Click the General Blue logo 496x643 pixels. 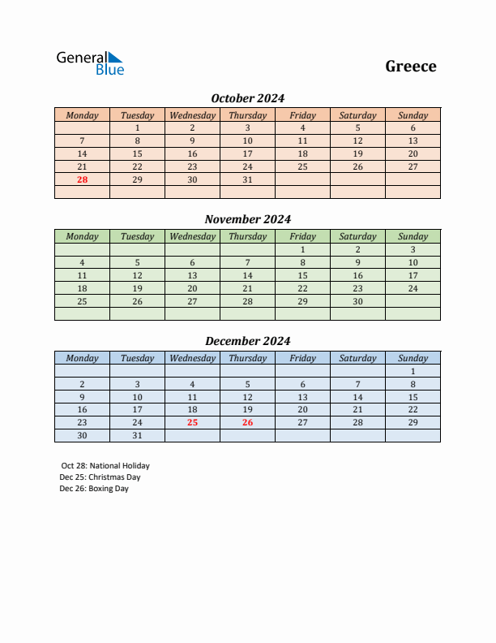[x=90, y=63]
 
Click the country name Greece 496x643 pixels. [x=411, y=67]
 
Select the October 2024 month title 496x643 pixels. [x=247, y=98]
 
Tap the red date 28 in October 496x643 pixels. [x=82, y=179]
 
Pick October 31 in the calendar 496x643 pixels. [x=247, y=179]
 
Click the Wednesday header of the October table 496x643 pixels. [x=192, y=115]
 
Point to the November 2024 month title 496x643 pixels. [x=247, y=219]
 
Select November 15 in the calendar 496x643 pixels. [x=302, y=275]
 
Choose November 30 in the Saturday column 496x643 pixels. [x=357, y=301]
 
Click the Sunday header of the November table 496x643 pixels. [x=413, y=237]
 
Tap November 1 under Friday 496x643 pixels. [x=302, y=249]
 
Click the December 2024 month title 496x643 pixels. [x=247, y=341]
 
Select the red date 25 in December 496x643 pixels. [x=192, y=422]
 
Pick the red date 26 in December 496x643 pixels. [x=247, y=422]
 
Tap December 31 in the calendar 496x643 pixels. [x=137, y=435]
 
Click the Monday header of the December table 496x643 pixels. [x=82, y=358]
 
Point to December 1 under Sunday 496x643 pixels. [x=413, y=371]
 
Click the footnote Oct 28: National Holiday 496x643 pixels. [x=105, y=466]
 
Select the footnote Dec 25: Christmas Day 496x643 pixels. [x=100, y=477]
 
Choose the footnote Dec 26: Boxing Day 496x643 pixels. [x=94, y=489]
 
